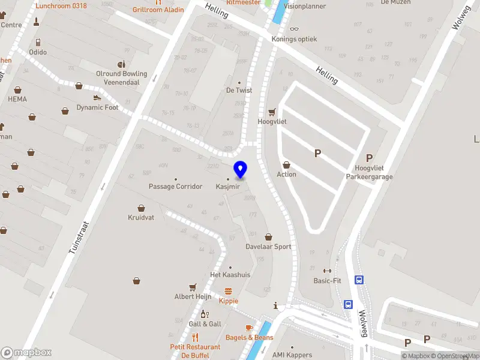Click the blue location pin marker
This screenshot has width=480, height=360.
click(x=240, y=169)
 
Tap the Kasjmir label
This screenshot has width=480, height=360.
click(x=227, y=187)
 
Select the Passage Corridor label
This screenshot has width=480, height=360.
click(x=176, y=187)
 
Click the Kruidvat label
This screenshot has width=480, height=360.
click(x=141, y=217)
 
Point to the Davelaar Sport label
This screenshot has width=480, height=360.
click(x=268, y=247)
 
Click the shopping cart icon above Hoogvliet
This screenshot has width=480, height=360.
click(x=272, y=112)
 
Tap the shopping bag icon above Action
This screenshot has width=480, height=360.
click(x=286, y=164)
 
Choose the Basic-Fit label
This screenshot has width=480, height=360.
click(x=327, y=280)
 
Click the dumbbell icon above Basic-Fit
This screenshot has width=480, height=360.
click(x=327, y=271)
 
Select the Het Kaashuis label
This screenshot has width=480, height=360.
click(x=230, y=275)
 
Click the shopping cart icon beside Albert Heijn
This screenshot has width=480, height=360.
click(x=193, y=287)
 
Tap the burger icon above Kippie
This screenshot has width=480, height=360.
click(x=228, y=291)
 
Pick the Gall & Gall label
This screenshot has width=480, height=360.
click(x=205, y=324)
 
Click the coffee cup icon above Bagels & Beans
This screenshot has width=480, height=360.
click(x=249, y=328)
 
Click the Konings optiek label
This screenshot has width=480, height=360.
click(x=294, y=39)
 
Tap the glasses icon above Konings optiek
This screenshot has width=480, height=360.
click(x=293, y=29)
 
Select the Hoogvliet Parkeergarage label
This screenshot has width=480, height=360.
click(x=369, y=172)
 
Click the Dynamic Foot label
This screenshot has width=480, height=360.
click(x=97, y=108)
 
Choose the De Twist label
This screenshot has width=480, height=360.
click(x=239, y=91)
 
